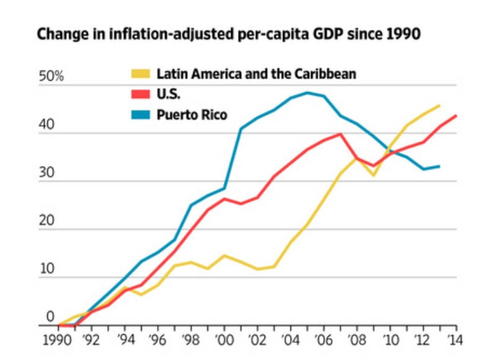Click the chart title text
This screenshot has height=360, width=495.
tap(229, 35)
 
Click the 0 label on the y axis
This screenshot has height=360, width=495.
tap(50, 318)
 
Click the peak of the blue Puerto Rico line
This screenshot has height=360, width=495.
tap(307, 93)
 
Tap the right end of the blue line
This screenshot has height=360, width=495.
tap(439, 166)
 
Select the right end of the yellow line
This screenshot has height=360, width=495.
tap(439, 106)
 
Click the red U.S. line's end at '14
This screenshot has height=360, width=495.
tap(457, 116)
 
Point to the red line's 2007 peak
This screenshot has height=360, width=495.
tap(340, 134)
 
